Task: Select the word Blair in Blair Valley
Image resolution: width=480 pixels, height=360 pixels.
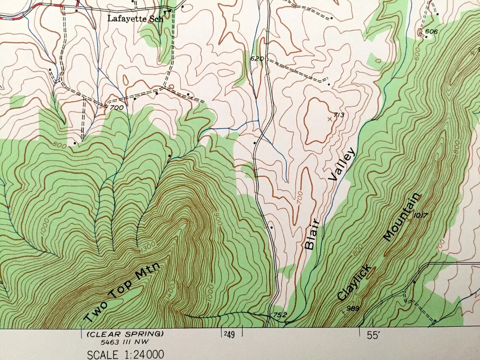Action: (x=313, y=235)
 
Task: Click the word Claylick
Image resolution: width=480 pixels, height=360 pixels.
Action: (x=354, y=283)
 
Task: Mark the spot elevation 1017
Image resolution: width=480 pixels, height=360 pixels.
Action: (x=421, y=216)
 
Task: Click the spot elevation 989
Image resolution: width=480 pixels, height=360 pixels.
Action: (x=352, y=309)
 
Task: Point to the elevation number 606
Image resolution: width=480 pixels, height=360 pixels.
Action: (x=431, y=32)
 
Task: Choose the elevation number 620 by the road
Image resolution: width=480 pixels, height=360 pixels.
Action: (x=256, y=59)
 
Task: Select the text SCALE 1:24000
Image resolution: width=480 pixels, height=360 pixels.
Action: (x=125, y=355)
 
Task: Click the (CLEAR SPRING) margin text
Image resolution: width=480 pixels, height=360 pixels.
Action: (x=125, y=334)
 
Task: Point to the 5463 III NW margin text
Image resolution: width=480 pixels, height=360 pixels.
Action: (x=125, y=341)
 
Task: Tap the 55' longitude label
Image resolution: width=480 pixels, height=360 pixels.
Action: (x=373, y=336)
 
